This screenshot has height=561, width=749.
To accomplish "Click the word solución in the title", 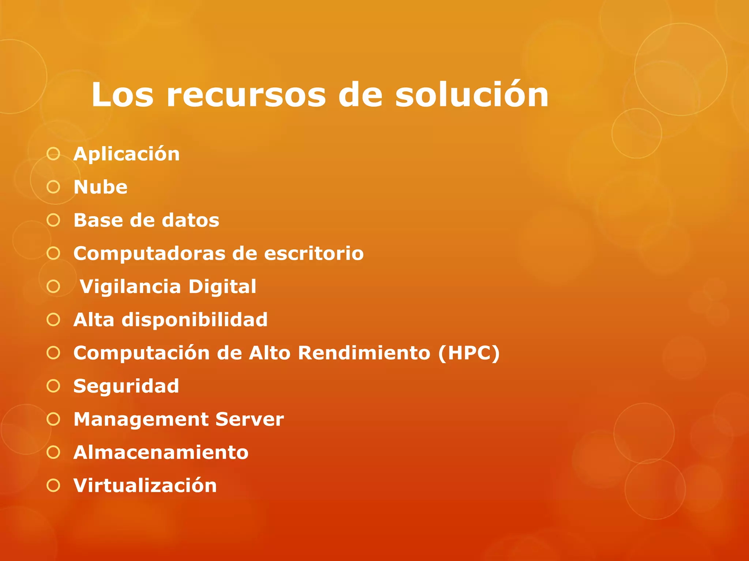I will point(472,95).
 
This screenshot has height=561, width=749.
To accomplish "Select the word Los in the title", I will point(123,95).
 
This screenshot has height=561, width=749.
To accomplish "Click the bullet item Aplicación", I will point(127,154).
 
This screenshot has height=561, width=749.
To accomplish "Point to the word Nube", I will point(101,187).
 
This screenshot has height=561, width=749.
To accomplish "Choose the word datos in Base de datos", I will point(191,221).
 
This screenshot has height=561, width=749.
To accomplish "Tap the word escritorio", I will point(314,254).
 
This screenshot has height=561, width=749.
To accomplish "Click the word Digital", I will point(222,287).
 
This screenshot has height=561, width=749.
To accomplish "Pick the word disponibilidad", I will point(195,320).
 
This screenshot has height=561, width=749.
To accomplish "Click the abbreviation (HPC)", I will point(469,353).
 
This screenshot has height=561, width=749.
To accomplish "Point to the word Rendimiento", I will point(364,353).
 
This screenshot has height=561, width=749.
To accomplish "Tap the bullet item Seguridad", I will point(126,386).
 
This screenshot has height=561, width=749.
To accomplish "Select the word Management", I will point(140,420).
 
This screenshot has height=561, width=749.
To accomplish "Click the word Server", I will point(249,420).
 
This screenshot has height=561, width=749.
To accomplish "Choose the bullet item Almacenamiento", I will point(161,453).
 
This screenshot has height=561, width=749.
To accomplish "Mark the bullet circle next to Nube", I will point(53,187).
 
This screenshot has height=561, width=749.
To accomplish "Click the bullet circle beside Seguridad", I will point(53,386).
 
